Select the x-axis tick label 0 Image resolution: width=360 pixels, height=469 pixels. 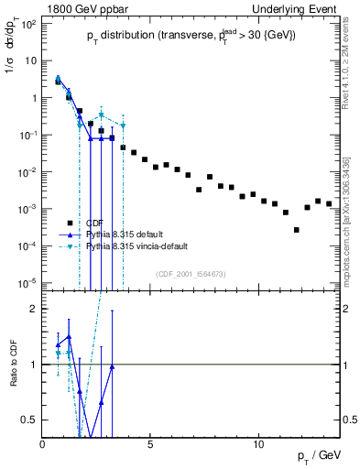coord(43,444)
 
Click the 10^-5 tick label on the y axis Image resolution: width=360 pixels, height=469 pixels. coord(27,282)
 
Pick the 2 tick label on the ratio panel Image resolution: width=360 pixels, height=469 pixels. coord(34,309)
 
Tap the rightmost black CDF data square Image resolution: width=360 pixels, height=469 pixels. coord(329,203)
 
